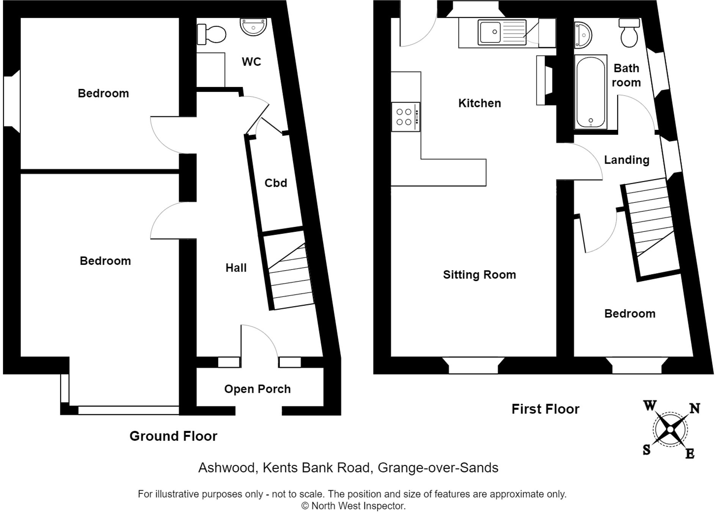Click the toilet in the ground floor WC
tap(212, 34)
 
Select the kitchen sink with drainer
tap(502, 32)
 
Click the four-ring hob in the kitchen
tap(405, 117)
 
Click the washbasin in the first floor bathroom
tap(582, 35)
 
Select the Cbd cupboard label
tap(276, 183)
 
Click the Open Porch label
tap(257, 389)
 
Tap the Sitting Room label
tap(479, 275)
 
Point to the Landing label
tap(626, 160)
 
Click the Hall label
tap(236, 268)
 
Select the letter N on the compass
tap(694, 408)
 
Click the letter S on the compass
tap(647, 450)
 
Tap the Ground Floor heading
tap(173, 436)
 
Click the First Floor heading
tap(545, 409)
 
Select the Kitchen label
tap(479, 103)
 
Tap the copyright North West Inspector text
tap(353, 506)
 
